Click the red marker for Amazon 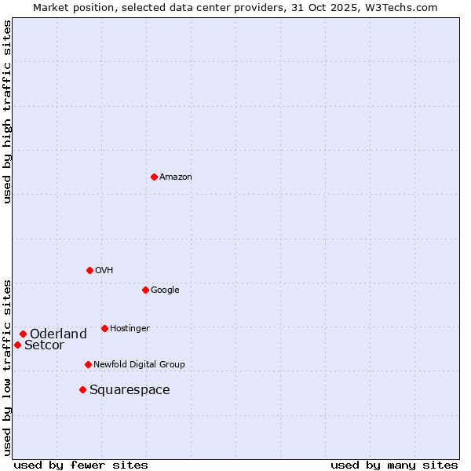[154, 177]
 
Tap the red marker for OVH [89, 270]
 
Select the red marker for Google [145, 290]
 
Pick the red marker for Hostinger [104, 328]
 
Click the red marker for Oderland [23, 334]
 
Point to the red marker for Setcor [17, 345]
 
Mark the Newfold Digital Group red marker [88, 364]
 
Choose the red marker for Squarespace [82, 389]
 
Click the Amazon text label [176, 177]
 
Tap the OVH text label [104, 271]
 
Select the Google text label [165, 290]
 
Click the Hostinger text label [130, 329]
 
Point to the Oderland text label [58, 334]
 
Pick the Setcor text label [44, 345]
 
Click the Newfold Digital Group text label [139, 365]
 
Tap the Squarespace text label [130, 390]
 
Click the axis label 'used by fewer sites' [81, 465]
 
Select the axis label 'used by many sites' [394, 465]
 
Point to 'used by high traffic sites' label [7, 111]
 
